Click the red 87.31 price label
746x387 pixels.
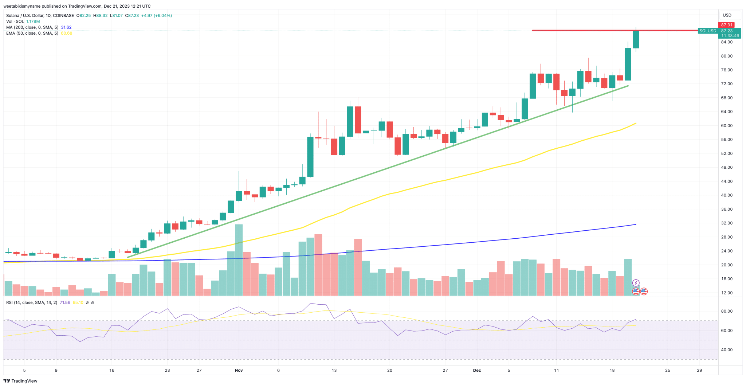coord(726,25)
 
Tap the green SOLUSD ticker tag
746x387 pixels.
coord(708,31)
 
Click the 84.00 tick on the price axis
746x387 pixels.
coord(727,42)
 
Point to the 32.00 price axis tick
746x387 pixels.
coord(727,223)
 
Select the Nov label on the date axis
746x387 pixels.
coord(239,371)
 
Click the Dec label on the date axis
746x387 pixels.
coord(477,371)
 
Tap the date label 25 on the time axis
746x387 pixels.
coord(667,371)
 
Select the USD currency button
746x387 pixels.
coord(727,15)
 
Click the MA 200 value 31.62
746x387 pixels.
coord(66,27)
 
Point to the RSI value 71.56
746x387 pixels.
coord(65,302)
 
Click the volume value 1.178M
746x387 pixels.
coord(33,21)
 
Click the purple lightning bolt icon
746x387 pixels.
coord(636,283)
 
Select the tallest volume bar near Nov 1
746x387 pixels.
coord(239,260)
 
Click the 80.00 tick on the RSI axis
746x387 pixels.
coord(727,312)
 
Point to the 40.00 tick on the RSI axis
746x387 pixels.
coord(727,350)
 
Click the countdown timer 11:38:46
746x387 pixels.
coord(730,36)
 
